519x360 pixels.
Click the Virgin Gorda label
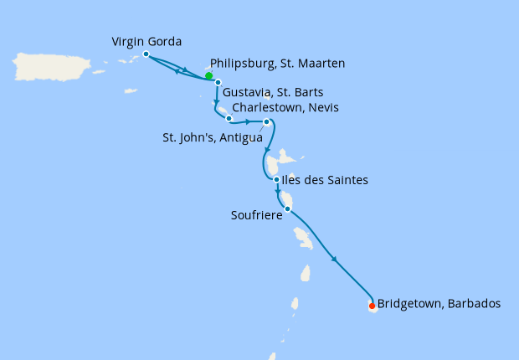146,41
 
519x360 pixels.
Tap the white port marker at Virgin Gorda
146,54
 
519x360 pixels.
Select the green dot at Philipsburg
208,76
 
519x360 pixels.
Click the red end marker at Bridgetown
372,306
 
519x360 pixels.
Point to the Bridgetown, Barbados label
439,303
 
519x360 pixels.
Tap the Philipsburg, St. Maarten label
278,63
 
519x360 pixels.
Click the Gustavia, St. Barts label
274,91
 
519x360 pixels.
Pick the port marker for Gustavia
217,82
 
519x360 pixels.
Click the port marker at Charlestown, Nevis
229,118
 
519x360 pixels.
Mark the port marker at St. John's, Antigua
267,122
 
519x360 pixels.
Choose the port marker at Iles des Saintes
276,179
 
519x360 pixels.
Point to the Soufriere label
254,215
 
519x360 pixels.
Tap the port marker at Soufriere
287,208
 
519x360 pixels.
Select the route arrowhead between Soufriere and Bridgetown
335,260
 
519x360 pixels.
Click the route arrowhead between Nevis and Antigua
248,121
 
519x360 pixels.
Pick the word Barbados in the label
475,303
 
